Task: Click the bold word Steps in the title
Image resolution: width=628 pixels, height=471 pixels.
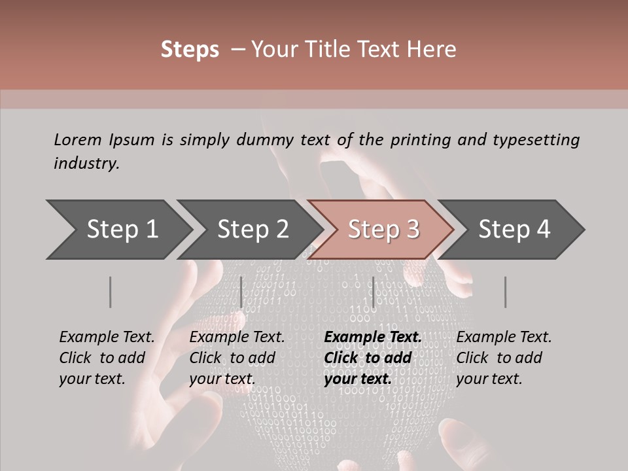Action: (x=190, y=50)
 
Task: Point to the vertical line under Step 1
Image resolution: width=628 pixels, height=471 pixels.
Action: (x=111, y=292)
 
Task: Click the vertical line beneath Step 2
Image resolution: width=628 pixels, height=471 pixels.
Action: (x=241, y=292)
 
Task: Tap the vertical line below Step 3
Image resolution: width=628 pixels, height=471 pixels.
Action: (x=374, y=292)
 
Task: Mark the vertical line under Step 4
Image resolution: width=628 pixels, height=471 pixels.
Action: (x=506, y=292)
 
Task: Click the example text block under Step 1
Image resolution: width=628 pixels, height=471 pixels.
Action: (x=107, y=358)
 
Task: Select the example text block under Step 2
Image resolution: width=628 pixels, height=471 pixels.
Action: (x=237, y=358)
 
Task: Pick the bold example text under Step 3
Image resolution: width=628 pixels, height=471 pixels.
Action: (x=373, y=358)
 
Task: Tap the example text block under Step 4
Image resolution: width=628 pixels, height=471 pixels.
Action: (x=504, y=358)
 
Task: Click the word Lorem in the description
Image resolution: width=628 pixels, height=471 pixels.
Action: (x=77, y=140)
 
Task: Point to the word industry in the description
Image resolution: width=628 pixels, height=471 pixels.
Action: (x=86, y=164)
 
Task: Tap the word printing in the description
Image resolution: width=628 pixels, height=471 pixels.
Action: (x=410, y=140)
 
